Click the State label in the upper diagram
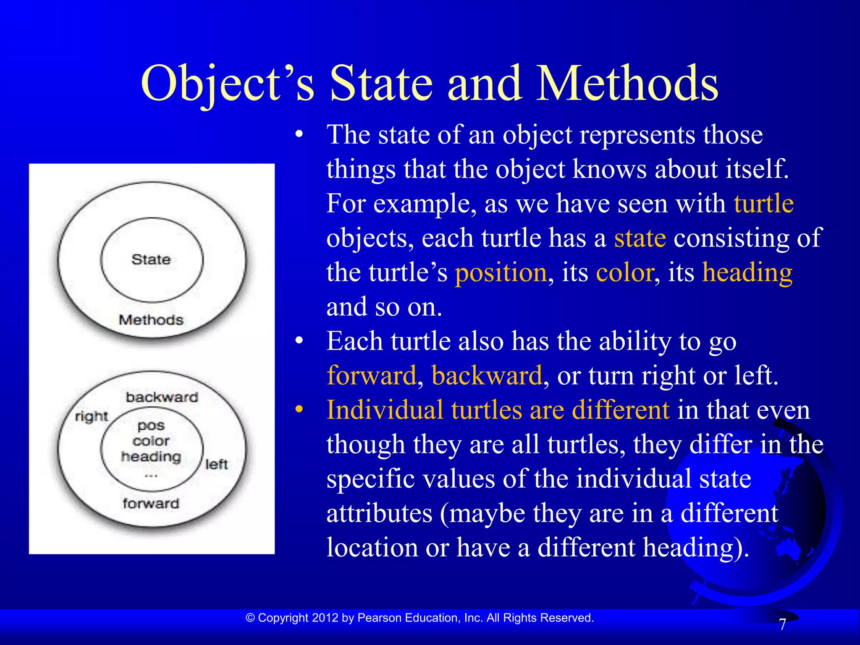(x=151, y=260)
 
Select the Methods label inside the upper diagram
(x=151, y=320)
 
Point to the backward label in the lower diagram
(x=162, y=397)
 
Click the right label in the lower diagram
(x=91, y=417)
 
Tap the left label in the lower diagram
(x=216, y=464)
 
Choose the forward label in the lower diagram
(x=151, y=503)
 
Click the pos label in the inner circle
(x=151, y=426)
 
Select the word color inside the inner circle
(x=151, y=441)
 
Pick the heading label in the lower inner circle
(x=151, y=456)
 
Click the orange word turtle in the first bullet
(x=763, y=204)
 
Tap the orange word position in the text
(x=501, y=273)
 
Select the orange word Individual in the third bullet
(x=385, y=410)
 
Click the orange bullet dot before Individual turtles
(x=299, y=410)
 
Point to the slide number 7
(x=782, y=625)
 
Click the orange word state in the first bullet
(x=640, y=239)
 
